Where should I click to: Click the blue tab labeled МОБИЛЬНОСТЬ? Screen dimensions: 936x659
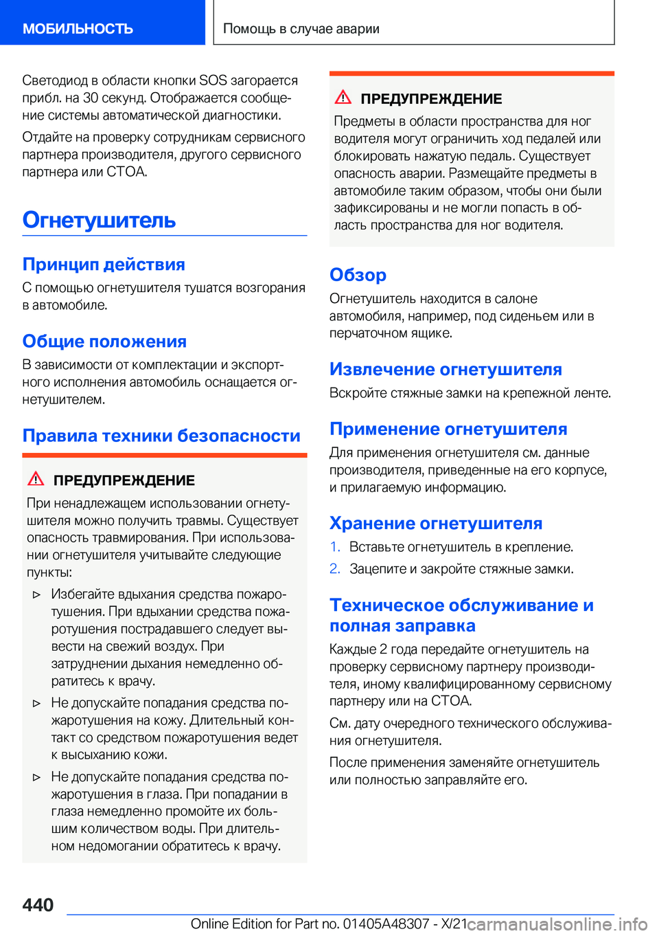tap(78, 29)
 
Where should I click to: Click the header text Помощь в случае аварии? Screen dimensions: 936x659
tap(301, 29)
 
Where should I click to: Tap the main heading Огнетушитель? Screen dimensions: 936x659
tap(99, 220)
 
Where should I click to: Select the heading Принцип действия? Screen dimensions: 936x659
tap(104, 265)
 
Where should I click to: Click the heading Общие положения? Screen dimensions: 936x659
tap(104, 342)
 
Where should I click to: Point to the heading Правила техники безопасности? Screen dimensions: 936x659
tap(161, 436)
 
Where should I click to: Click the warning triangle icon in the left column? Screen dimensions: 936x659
tap(36, 479)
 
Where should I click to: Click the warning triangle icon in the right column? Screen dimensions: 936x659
tap(343, 98)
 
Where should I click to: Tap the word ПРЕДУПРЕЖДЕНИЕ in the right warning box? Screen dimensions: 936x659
tap(431, 99)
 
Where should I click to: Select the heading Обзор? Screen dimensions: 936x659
tap(358, 275)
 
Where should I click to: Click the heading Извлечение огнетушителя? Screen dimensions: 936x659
tap(446, 370)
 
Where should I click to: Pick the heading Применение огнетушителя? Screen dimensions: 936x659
tap(448, 429)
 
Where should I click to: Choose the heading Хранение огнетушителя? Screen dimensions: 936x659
tap(436, 524)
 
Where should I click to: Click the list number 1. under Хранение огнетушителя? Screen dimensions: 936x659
tap(335, 547)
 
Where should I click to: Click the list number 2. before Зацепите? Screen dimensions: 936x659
tap(335, 569)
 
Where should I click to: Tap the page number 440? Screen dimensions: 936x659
tap(38, 905)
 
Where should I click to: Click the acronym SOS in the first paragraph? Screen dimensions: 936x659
tap(213, 80)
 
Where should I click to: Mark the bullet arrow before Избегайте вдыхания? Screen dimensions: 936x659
tap(37, 594)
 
